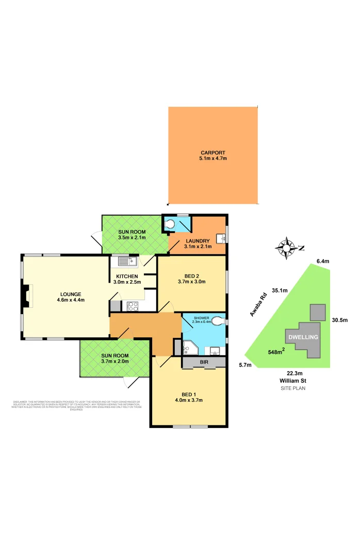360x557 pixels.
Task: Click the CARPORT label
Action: point(214,153)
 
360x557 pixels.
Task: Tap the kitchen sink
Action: point(126,262)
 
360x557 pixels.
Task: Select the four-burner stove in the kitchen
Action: point(133,305)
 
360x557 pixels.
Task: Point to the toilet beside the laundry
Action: point(170,224)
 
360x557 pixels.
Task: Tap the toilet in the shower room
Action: point(220,321)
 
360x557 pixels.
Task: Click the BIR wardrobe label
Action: point(204,363)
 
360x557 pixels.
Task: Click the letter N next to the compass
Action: point(301,248)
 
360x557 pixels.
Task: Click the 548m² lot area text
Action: point(277,353)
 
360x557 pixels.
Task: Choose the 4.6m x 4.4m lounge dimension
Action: point(71,300)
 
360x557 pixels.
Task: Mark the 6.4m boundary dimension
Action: point(322,261)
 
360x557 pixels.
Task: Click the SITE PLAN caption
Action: point(293,388)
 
